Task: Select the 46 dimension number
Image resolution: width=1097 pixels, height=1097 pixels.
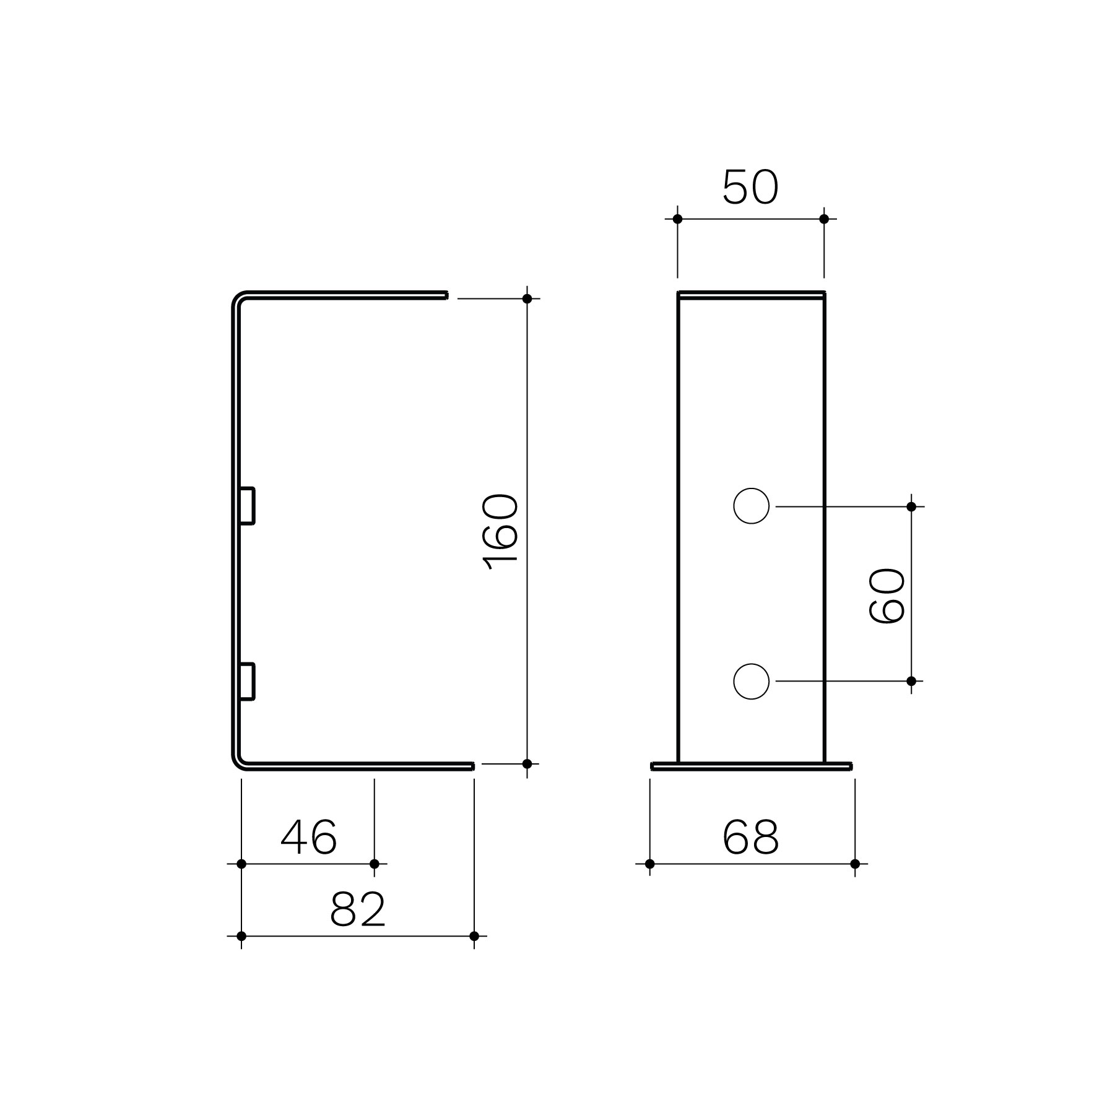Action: [309, 837]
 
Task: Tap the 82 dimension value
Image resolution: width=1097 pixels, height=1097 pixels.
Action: [358, 909]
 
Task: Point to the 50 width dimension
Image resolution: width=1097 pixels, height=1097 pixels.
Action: [750, 187]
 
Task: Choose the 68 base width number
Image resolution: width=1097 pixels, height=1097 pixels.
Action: [750, 837]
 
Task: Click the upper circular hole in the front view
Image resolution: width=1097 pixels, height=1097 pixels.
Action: [751, 506]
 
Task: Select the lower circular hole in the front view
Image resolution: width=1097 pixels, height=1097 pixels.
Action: [751, 681]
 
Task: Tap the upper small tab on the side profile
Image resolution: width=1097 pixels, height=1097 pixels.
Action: [248, 506]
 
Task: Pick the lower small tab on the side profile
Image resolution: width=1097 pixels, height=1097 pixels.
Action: [248, 681]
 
